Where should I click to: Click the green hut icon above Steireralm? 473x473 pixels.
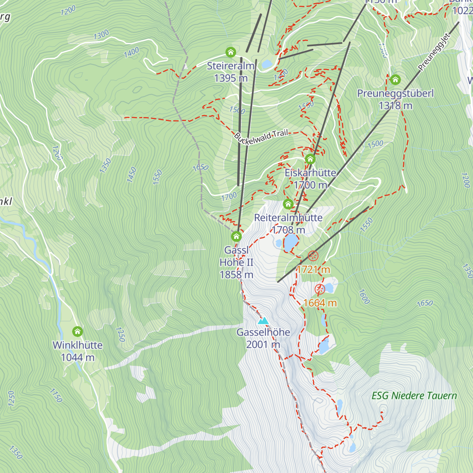click(231, 52)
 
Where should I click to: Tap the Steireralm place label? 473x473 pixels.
click(231, 66)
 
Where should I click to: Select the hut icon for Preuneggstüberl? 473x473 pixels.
click(395, 80)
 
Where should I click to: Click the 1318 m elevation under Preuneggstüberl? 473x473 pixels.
click(395, 106)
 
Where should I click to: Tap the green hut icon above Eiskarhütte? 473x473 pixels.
click(310, 160)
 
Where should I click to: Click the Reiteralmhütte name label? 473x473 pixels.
click(288, 218)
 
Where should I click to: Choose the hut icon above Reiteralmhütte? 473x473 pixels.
click(288, 204)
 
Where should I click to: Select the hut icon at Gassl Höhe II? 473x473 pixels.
click(236, 236)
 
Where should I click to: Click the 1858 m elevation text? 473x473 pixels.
click(236, 275)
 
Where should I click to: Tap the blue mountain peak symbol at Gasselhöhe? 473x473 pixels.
click(263, 320)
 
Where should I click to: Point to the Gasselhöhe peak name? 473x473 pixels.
click(263, 332)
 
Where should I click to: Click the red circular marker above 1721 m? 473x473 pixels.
click(313, 256)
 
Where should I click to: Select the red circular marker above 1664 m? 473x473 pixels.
click(320, 289)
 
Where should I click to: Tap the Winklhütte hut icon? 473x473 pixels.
click(78, 331)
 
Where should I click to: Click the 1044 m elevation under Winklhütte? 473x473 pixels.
click(78, 358)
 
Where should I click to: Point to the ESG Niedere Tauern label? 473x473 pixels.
click(414, 396)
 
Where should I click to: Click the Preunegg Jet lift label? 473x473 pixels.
click(434, 52)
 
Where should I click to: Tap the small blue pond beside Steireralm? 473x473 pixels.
click(267, 64)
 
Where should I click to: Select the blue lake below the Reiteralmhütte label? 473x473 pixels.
click(291, 242)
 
